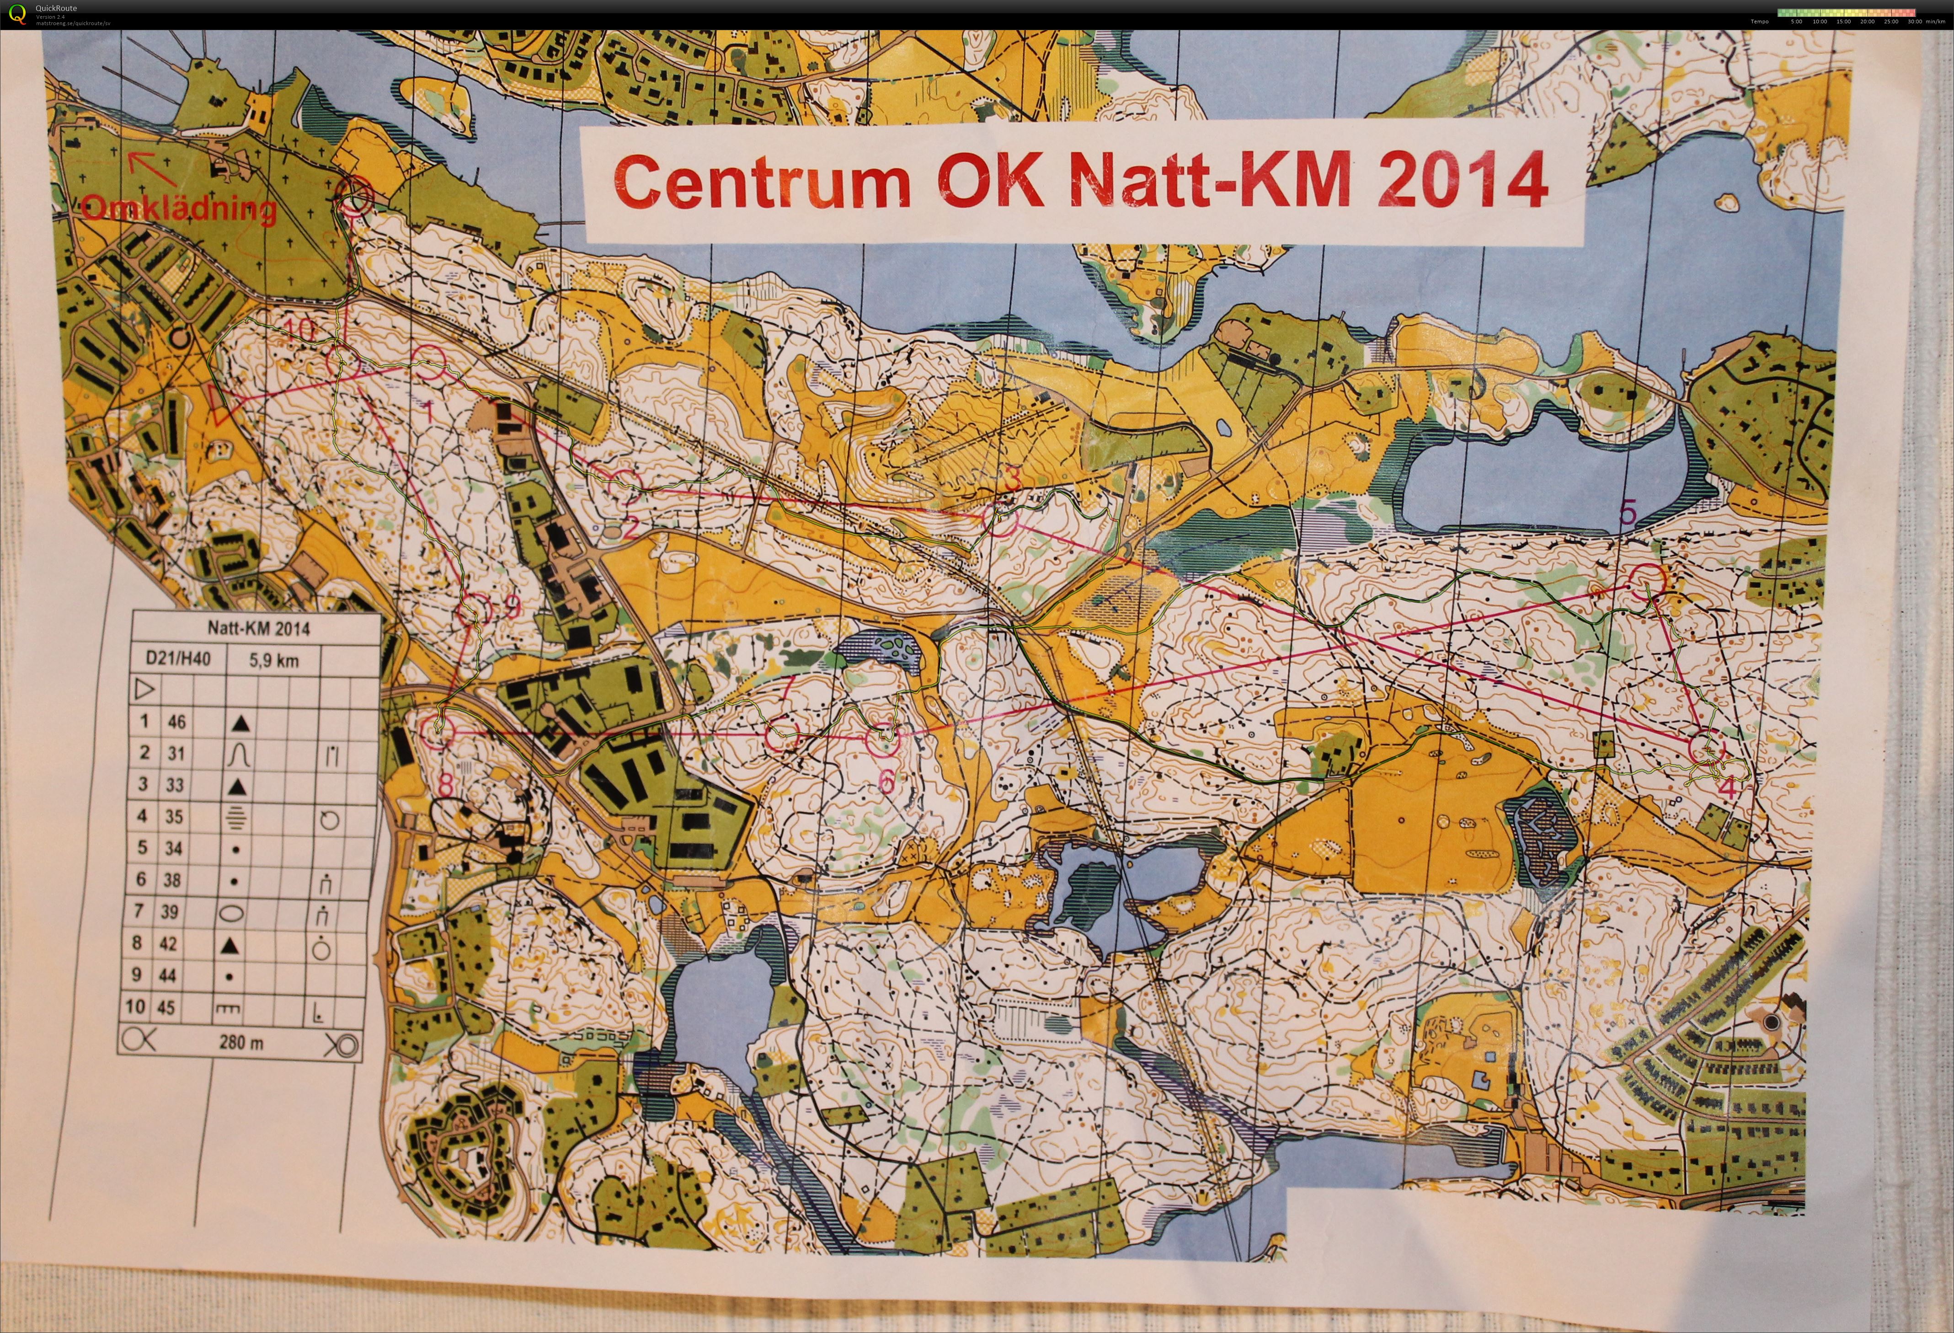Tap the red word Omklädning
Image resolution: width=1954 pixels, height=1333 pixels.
pyautogui.click(x=179, y=208)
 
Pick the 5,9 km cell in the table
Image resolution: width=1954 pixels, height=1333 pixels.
pyautogui.click(x=273, y=660)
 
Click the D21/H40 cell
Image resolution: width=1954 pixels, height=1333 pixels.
pyautogui.click(x=178, y=658)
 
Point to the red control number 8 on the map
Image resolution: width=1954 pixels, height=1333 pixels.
pyautogui.click(x=445, y=784)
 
